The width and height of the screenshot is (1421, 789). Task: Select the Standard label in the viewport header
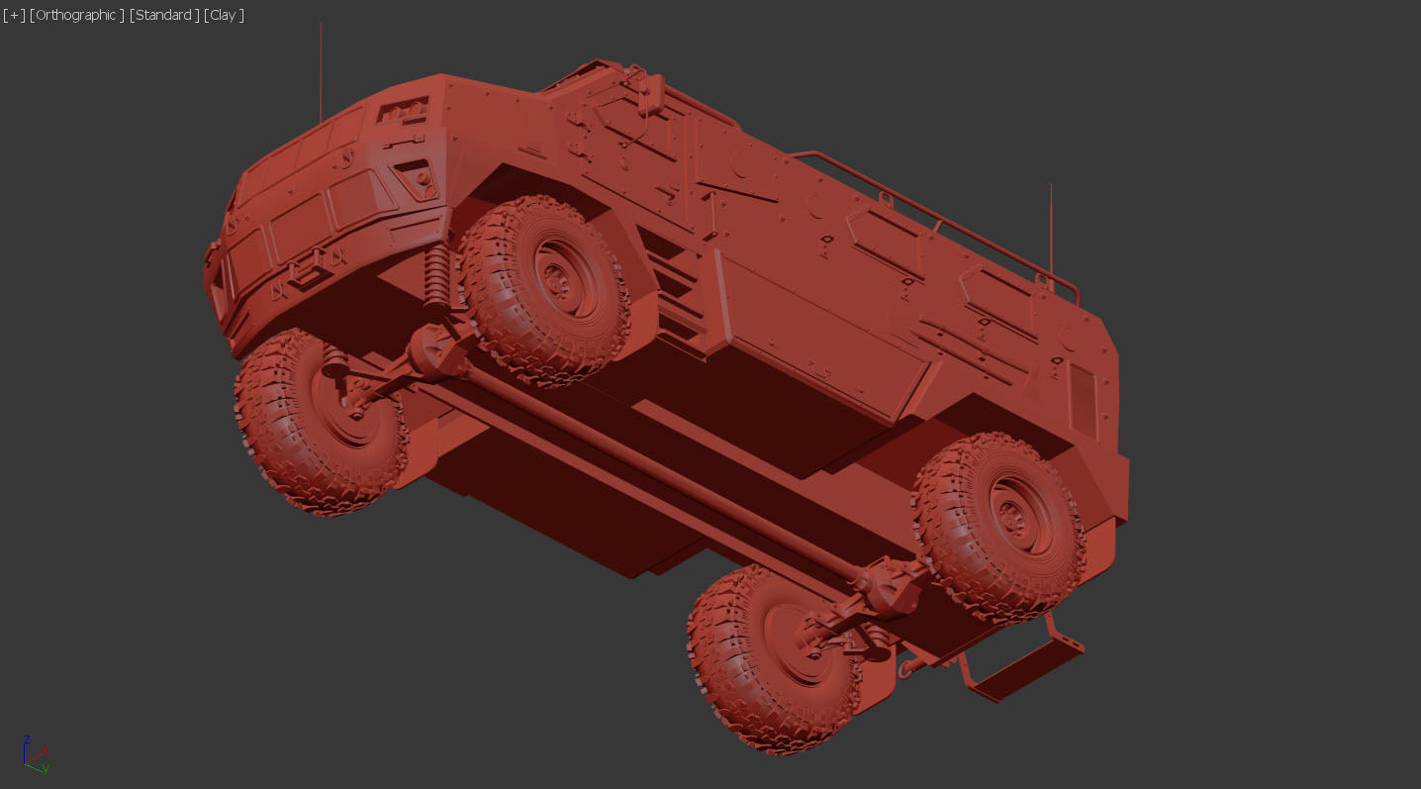163,15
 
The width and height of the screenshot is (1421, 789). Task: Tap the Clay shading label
224,15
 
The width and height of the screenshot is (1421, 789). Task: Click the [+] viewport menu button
14,15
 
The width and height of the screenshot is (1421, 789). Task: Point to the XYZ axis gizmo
34,754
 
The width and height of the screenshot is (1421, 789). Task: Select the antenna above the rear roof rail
1050,228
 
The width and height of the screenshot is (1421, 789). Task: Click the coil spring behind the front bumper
434,277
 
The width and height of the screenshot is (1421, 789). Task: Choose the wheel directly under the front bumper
319,421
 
